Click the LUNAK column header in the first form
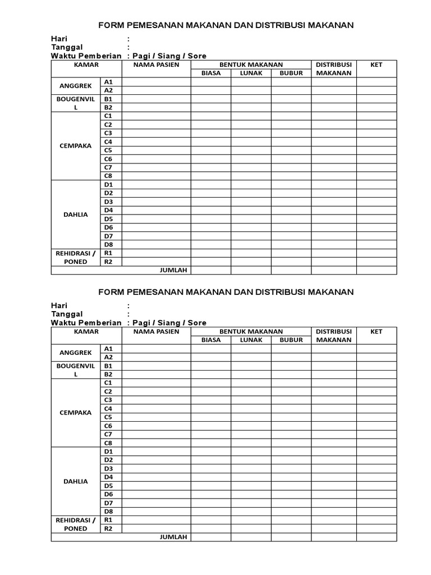(x=251, y=73)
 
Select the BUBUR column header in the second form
(x=291, y=340)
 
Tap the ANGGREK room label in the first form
(x=75, y=86)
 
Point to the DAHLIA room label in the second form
(x=75, y=481)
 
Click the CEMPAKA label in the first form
(x=75, y=145)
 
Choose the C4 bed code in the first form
(x=108, y=142)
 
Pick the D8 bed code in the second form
(x=108, y=511)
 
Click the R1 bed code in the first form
(x=108, y=253)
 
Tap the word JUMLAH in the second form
(x=173, y=537)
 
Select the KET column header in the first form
(x=377, y=65)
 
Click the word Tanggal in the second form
(x=67, y=314)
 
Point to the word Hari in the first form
(x=59, y=39)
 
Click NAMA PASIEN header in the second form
(x=156, y=331)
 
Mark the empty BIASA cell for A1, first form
(x=210, y=81)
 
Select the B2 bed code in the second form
(x=108, y=374)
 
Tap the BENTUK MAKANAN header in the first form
(x=251, y=65)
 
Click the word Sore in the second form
(x=197, y=323)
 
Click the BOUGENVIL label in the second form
(x=75, y=366)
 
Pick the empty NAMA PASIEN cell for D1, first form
(x=156, y=184)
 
